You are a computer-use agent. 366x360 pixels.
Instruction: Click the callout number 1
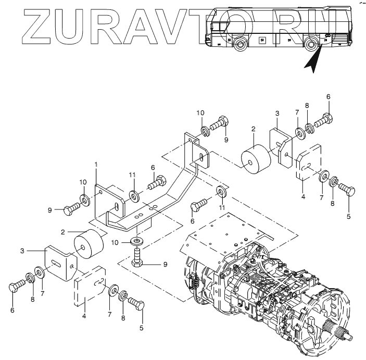[96, 165]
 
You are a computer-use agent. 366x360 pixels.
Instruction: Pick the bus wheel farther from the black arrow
[239, 45]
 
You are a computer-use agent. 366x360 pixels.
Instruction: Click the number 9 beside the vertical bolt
[165, 264]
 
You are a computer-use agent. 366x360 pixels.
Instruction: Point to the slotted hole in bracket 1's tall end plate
[201, 156]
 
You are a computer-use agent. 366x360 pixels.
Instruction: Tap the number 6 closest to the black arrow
[328, 97]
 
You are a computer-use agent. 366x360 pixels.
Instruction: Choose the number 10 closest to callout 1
[83, 181]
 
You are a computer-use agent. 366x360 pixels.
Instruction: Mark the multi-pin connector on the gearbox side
[194, 284]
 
